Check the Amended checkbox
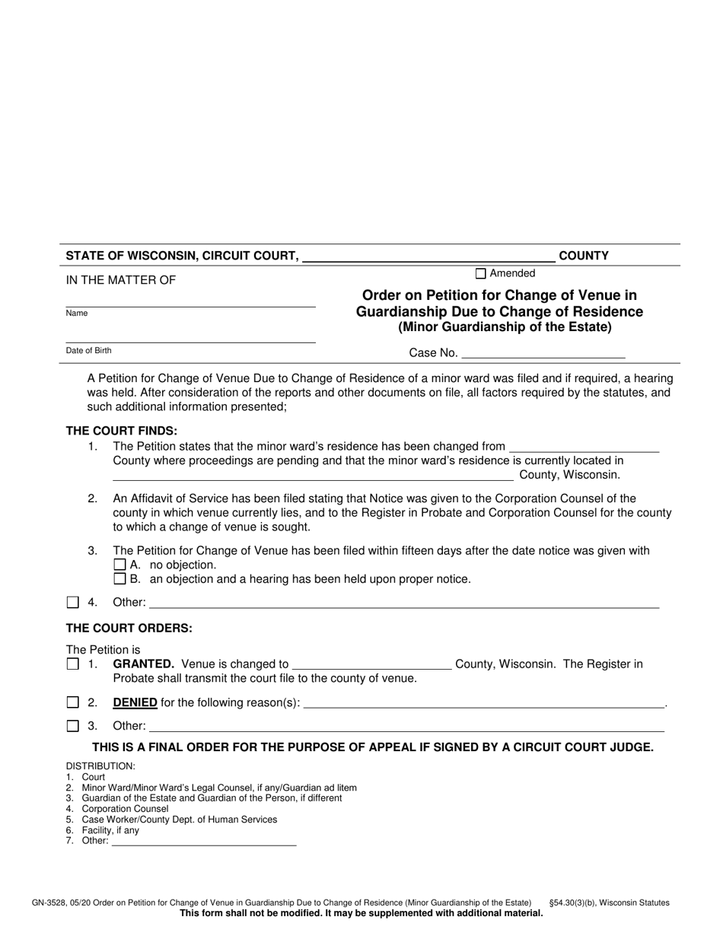(480, 274)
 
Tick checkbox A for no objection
(119, 565)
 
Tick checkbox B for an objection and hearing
(119, 579)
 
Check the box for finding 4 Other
(73, 603)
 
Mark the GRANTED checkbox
(73, 664)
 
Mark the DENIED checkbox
(73, 702)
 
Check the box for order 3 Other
(73, 726)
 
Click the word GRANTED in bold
(143, 664)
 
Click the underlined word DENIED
(135, 702)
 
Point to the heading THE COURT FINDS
(121, 431)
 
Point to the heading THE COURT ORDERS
(129, 629)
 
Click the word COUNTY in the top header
(583, 256)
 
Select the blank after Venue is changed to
(371, 665)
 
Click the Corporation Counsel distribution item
(125, 809)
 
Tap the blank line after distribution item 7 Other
(204, 842)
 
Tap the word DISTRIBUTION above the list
(100, 766)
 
